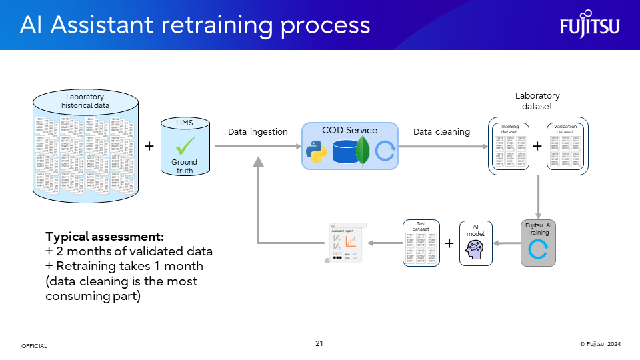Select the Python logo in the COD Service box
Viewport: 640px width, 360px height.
coord(316,151)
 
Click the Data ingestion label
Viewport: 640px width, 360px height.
coord(258,132)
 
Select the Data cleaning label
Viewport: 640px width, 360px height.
coord(441,132)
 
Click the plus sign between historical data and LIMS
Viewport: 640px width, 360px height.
coord(149,146)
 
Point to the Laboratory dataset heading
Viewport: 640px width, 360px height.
coord(537,101)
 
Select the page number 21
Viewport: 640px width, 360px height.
coord(319,343)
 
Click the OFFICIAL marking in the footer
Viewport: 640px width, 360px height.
coord(35,346)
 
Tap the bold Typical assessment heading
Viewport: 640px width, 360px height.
coord(105,237)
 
